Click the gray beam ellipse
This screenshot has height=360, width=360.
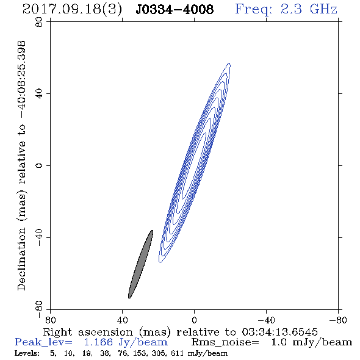click(140, 264)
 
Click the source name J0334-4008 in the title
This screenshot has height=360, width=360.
click(175, 9)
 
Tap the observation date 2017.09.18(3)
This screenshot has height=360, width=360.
click(72, 9)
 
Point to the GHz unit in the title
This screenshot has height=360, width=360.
click(323, 9)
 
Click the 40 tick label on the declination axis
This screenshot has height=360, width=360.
click(39, 94)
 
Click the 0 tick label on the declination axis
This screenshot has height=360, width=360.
click(39, 165)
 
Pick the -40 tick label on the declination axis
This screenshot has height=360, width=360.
click(39, 237)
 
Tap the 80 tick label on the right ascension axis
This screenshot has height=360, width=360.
click(50, 320)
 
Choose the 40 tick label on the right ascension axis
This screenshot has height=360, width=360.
click(122, 320)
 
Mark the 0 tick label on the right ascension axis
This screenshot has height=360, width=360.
click(194, 320)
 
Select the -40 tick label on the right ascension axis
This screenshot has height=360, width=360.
click(266, 320)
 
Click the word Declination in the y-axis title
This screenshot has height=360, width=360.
click(21, 259)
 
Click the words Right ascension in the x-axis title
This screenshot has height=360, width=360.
click(88, 332)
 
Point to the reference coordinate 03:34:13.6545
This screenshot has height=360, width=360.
click(279, 332)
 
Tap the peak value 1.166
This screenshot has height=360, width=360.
click(98, 342)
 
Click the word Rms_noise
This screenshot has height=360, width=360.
click(225, 342)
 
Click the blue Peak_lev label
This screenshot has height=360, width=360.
click(43, 342)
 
